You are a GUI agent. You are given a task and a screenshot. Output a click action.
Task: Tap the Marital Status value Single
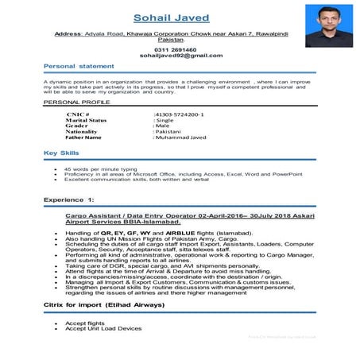click(165, 120)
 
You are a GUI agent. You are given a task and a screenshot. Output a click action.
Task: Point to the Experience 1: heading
click(69, 199)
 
